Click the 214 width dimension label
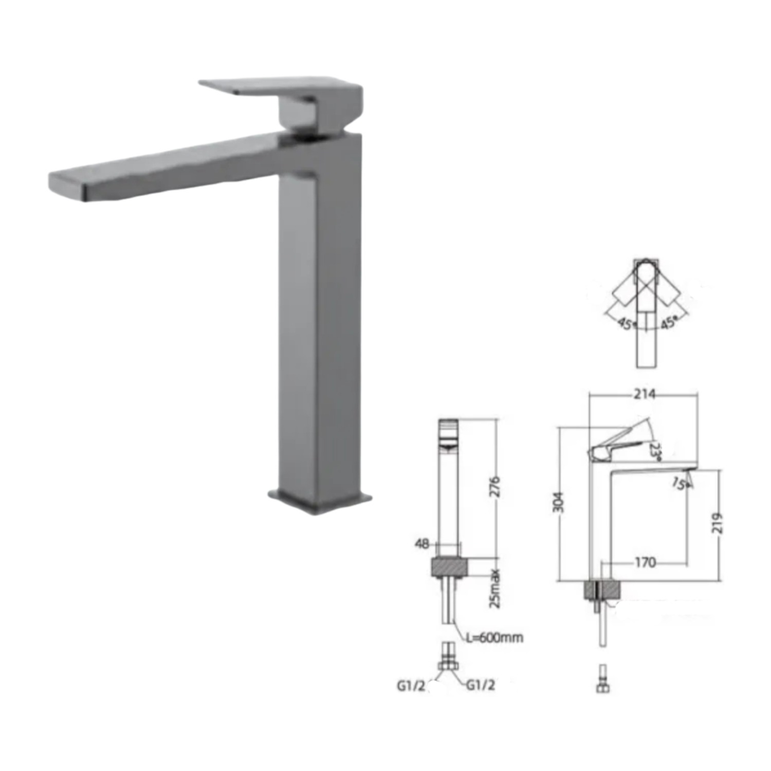point(645,394)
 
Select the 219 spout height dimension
point(718,523)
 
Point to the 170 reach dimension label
point(645,562)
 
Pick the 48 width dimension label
point(421,543)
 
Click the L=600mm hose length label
point(494,638)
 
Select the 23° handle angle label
point(655,451)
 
